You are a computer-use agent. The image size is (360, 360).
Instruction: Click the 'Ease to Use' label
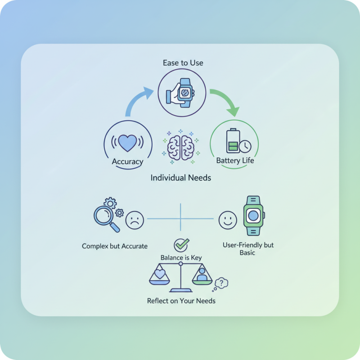tap(183, 63)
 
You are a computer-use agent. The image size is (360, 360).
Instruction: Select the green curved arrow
tap(227, 99)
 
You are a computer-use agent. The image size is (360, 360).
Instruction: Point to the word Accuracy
tap(128, 162)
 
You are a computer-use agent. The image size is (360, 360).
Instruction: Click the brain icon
tap(181, 148)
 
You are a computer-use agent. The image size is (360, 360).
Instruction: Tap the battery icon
tap(233, 140)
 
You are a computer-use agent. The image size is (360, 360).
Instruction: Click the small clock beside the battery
tap(245, 146)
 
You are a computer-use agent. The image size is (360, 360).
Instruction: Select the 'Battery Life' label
tap(235, 160)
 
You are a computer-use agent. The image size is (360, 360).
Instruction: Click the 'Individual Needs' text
tap(181, 178)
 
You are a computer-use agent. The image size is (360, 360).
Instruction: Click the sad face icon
tap(135, 220)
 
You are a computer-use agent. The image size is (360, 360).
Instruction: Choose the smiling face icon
tap(228, 220)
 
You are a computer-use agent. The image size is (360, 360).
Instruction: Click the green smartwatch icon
tap(253, 216)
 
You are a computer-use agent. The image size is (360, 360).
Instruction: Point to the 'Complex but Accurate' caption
tap(115, 246)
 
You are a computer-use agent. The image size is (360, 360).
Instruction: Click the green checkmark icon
tap(181, 245)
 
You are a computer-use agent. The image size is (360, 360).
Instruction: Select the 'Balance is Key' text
tap(181, 257)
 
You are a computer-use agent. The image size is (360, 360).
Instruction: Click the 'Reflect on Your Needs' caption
tap(181, 301)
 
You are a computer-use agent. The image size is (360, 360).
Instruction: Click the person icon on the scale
tap(202, 274)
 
